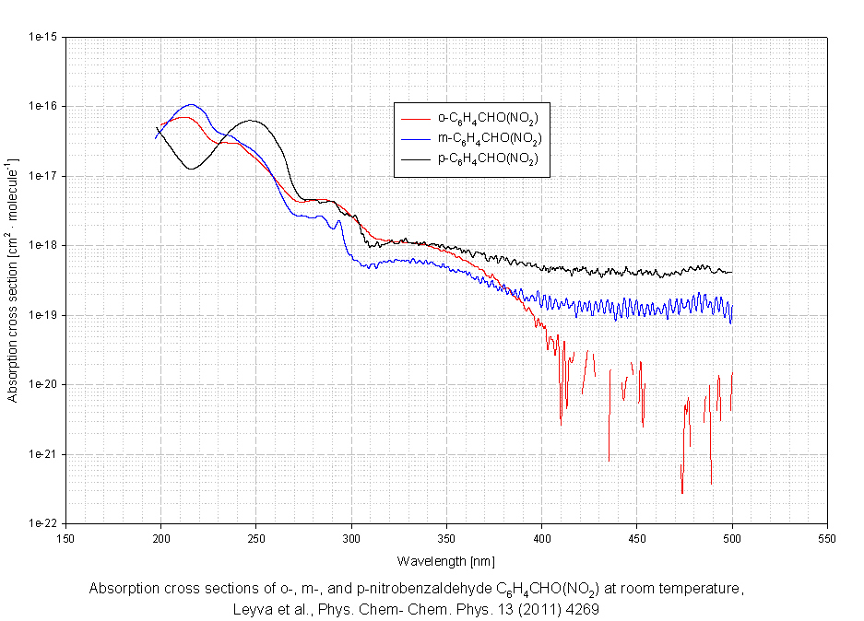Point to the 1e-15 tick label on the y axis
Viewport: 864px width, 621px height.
tap(44, 38)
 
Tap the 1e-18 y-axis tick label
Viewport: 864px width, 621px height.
tap(44, 246)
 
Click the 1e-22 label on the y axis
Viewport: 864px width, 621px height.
tap(44, 523)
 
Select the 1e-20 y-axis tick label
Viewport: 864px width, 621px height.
tap(44, 385)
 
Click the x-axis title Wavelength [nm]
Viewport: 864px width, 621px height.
tap(446, 560)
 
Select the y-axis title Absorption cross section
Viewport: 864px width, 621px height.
tap(14, 281)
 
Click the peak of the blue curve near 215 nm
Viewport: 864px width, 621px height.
tap(191, 104)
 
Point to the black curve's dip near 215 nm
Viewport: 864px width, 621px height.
tap(191, 169)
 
